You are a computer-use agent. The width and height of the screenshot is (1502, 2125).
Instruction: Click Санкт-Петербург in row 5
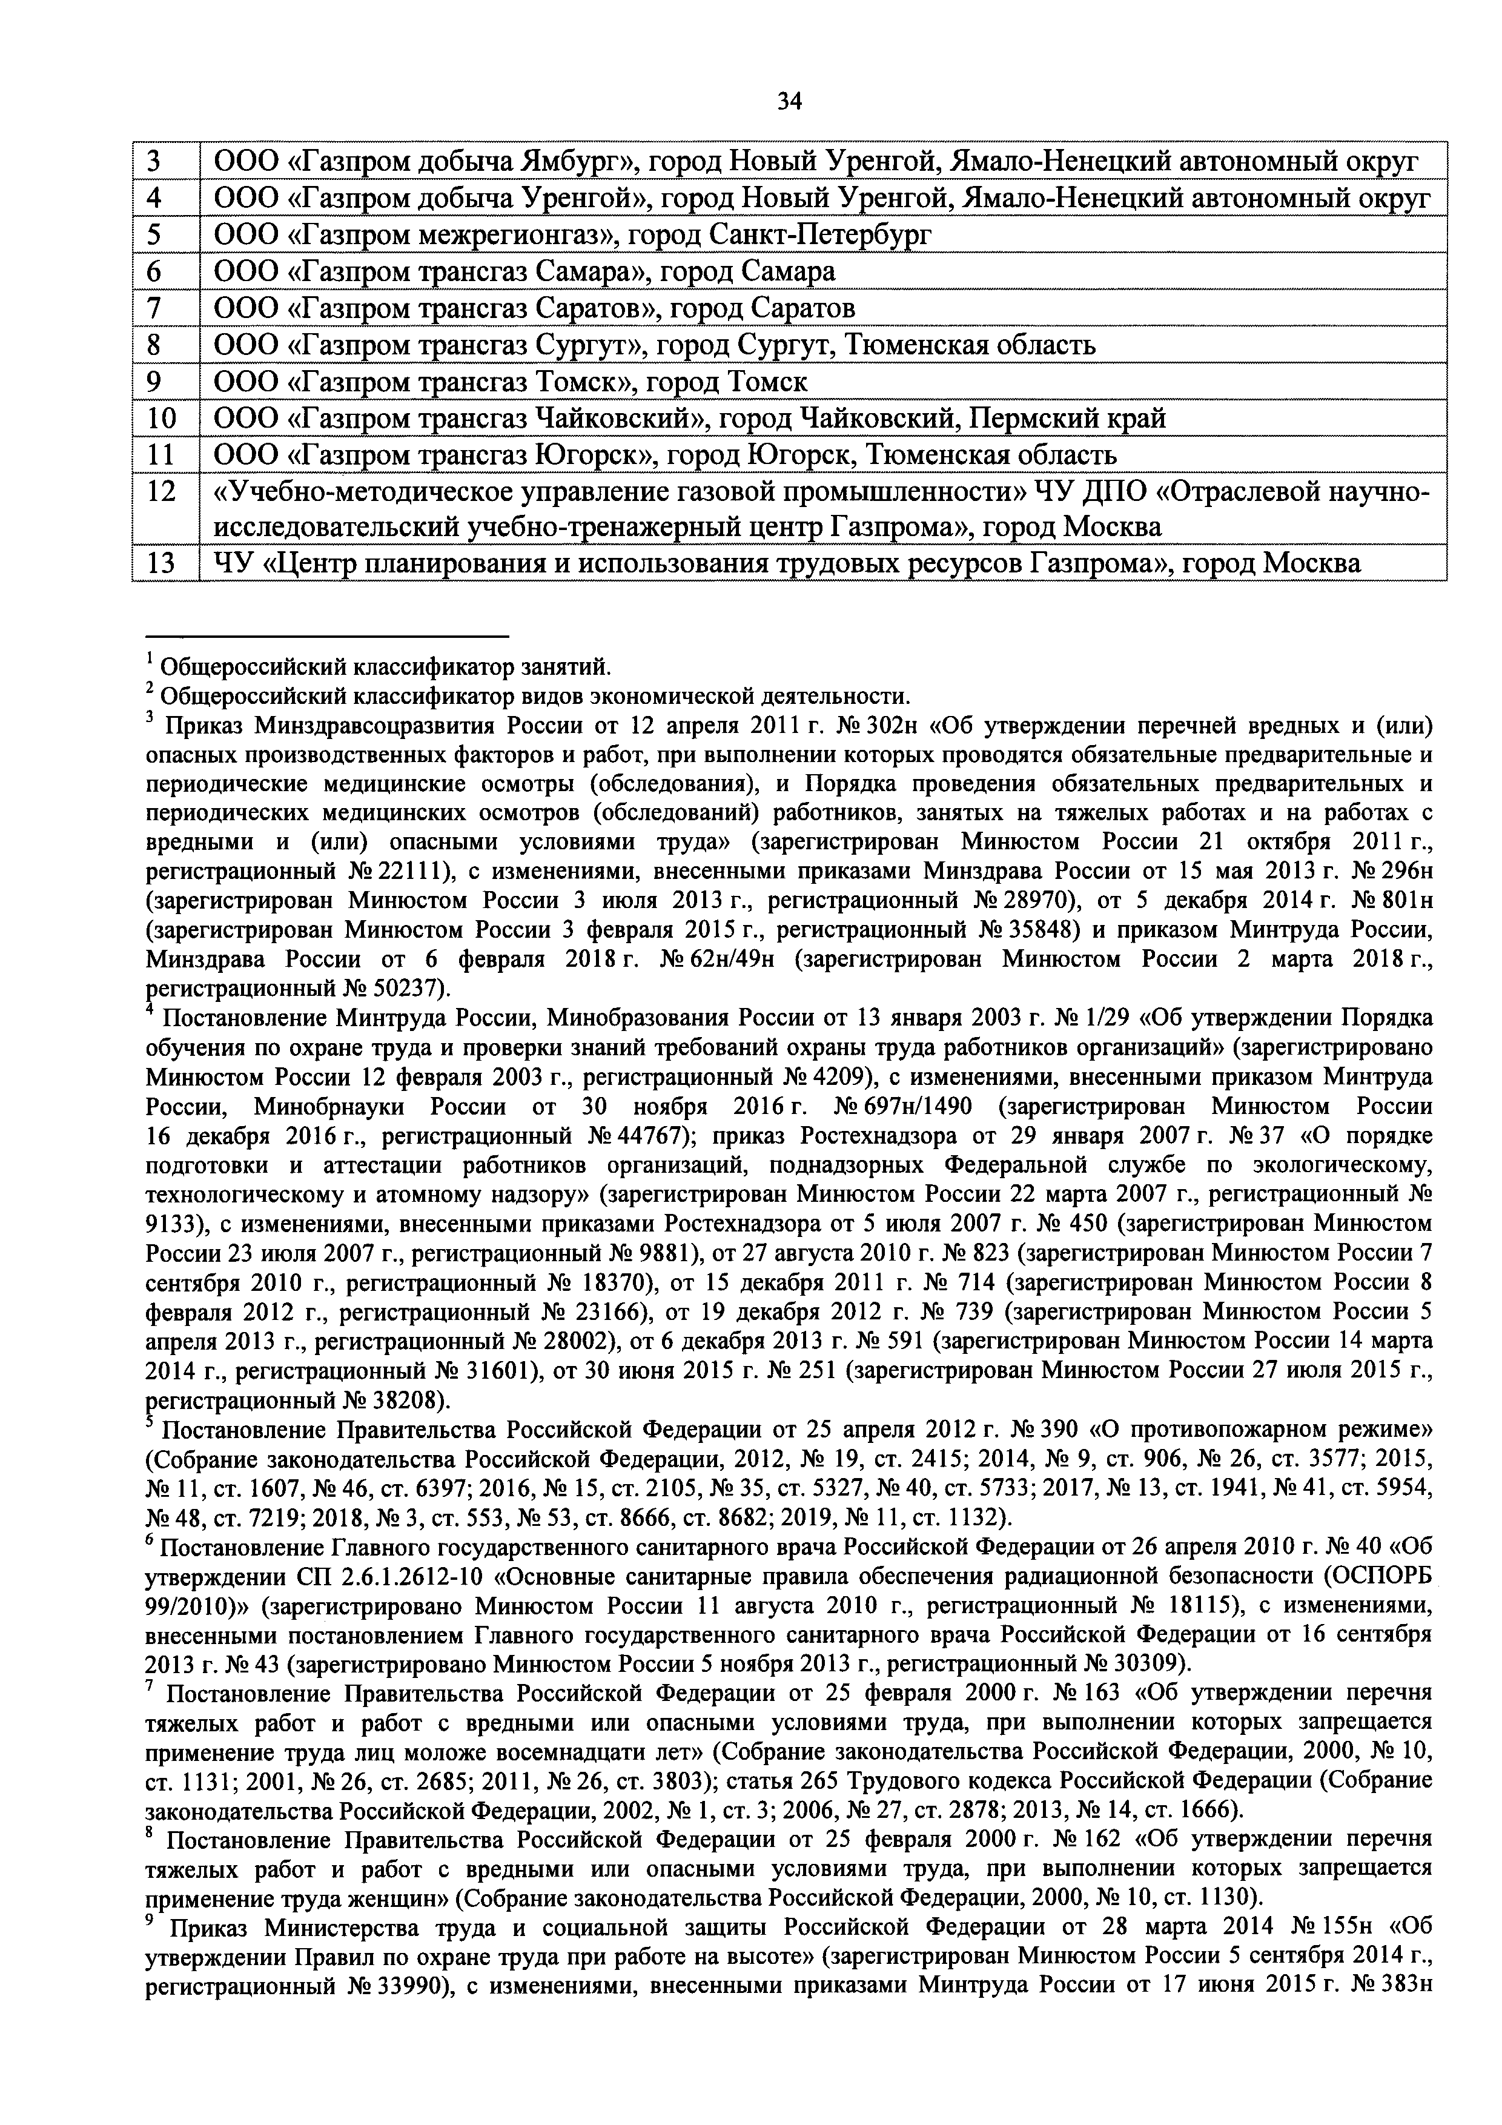[821, 235]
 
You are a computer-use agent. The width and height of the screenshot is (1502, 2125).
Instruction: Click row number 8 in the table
[154, 344]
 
